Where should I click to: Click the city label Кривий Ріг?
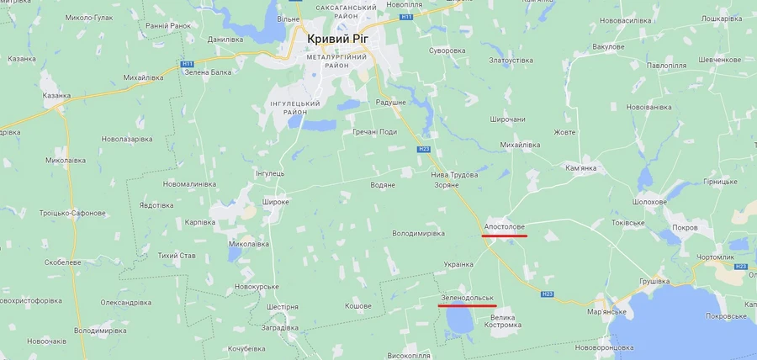click(344, 39)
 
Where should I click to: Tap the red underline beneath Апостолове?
click(505, 236)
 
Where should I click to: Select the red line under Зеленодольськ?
click(468, 306)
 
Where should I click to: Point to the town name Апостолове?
click(505, 227)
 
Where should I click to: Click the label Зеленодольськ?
click(467, 298)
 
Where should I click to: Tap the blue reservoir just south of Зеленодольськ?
click(459, 323)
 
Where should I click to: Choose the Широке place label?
click(276, 202)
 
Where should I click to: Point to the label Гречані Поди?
click(375, 132)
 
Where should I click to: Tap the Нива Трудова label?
click(454, 175)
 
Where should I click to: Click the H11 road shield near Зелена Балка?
click(187, 64)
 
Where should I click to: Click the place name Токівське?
click(627, 223)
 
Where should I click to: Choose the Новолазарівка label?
click(127, 139)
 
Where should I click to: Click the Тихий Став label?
click(177, 256)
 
